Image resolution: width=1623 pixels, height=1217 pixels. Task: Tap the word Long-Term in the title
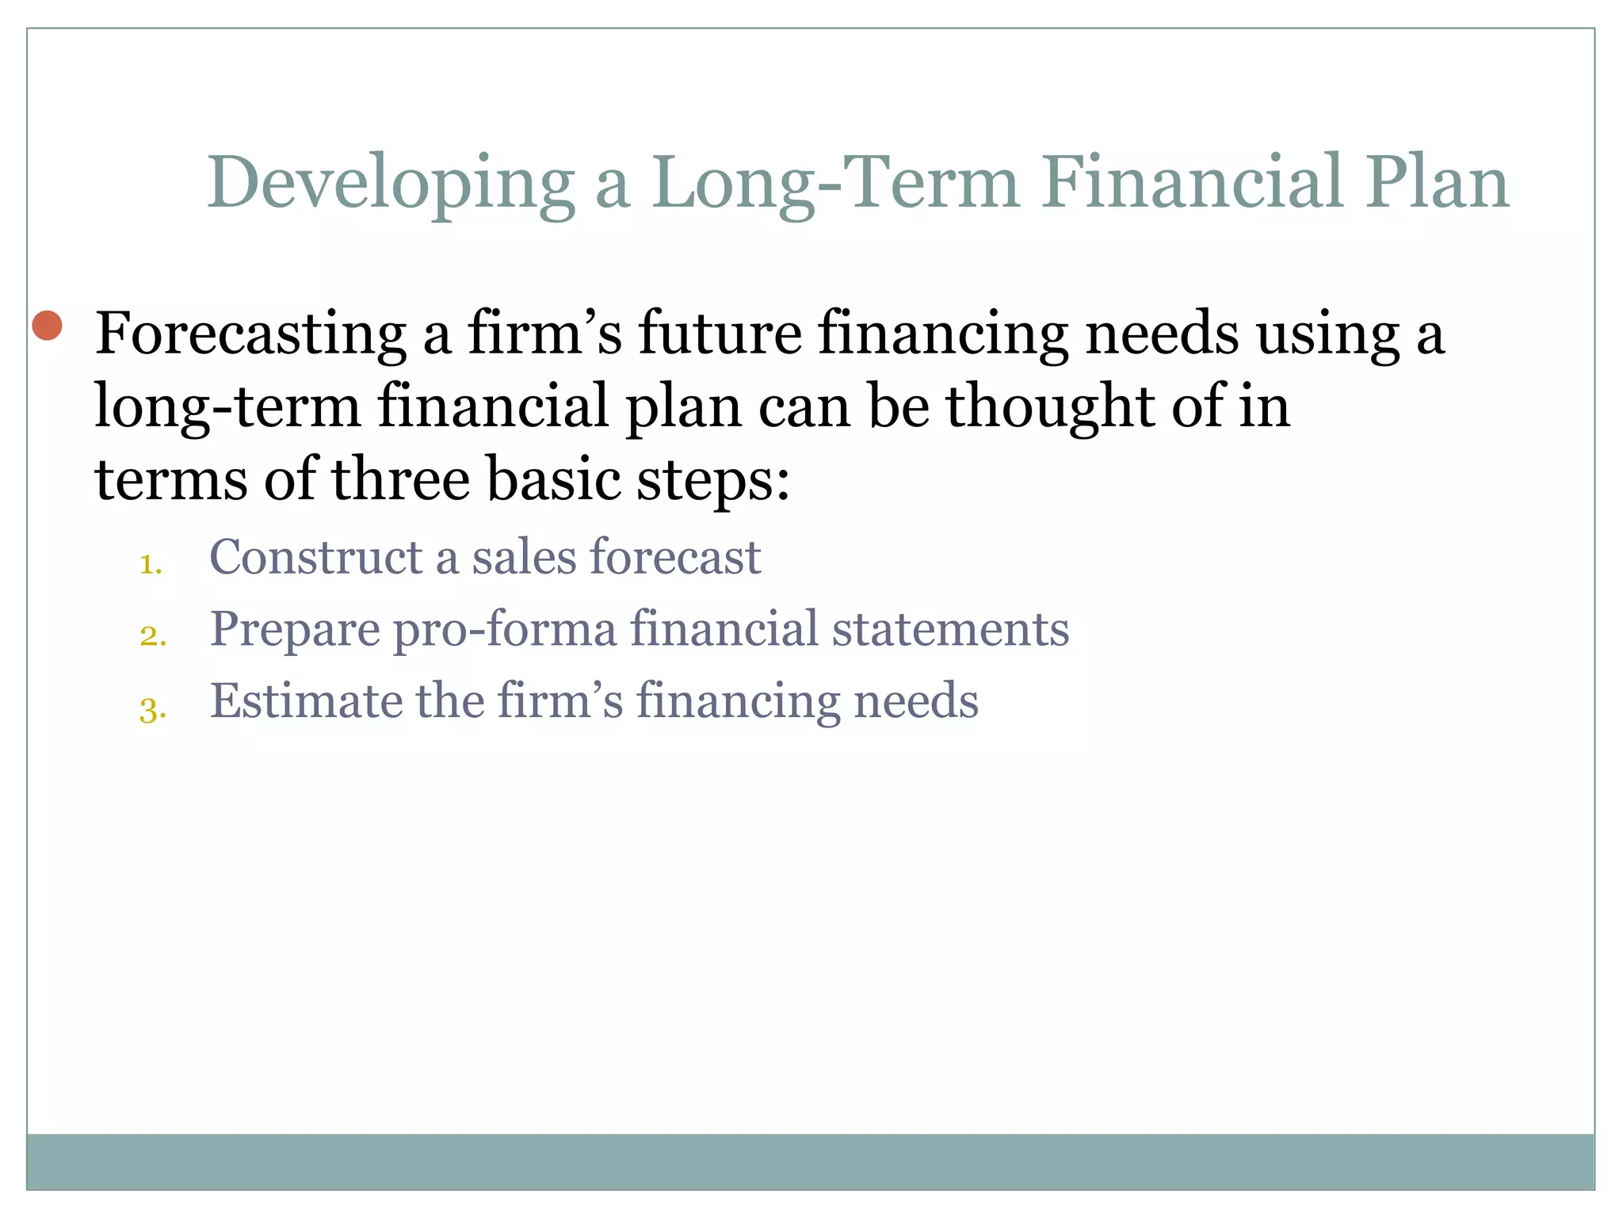pos(835,184)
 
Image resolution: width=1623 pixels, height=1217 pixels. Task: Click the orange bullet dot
pos(48,326)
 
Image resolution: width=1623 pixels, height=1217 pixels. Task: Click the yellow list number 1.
pos(151,565)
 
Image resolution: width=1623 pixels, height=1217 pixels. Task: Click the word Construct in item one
pos(315,557)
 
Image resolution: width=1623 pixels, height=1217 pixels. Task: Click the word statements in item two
pos(950,630)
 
